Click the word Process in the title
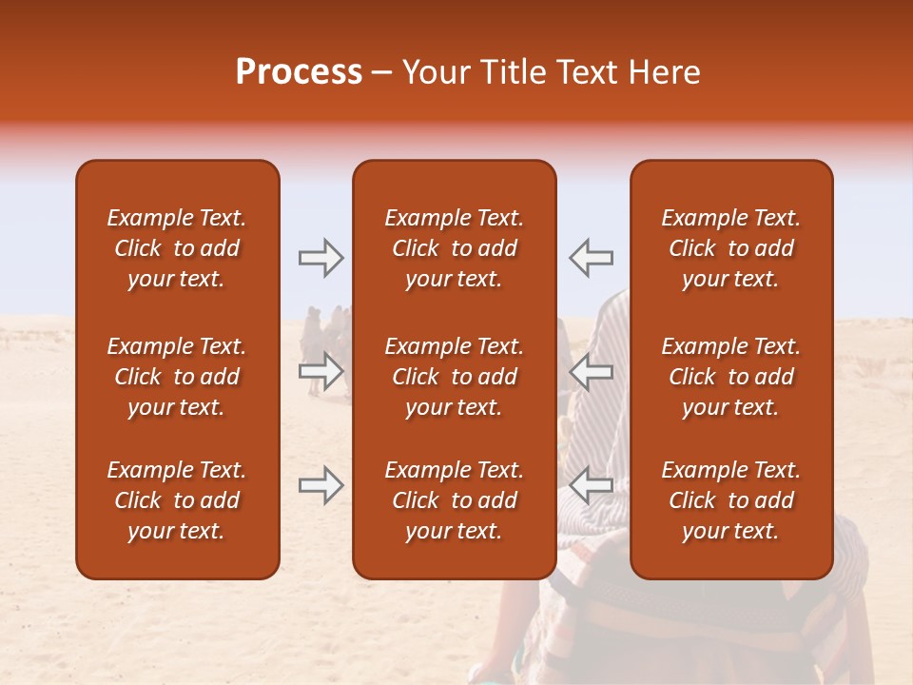[x=299, y=72]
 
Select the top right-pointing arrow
[x=321, y=258]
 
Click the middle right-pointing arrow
[x=321, y=371]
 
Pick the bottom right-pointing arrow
[x=321, y=485]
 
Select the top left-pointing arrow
[x=591, y=258]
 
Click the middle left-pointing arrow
[x=591, y=371]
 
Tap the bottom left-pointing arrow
[x=591, y=485]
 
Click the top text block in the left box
[x=177, y=248]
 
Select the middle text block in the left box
[x=177, y=377]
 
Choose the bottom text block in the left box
[x=177, y=500]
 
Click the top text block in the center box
[x=454, y=248]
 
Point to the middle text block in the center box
[x=454, y=377]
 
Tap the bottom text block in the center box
[x=454, y=500]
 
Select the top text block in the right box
[x=730, y=248]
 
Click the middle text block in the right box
[x=730, y=377]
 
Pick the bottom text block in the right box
[x=730, y=500]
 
